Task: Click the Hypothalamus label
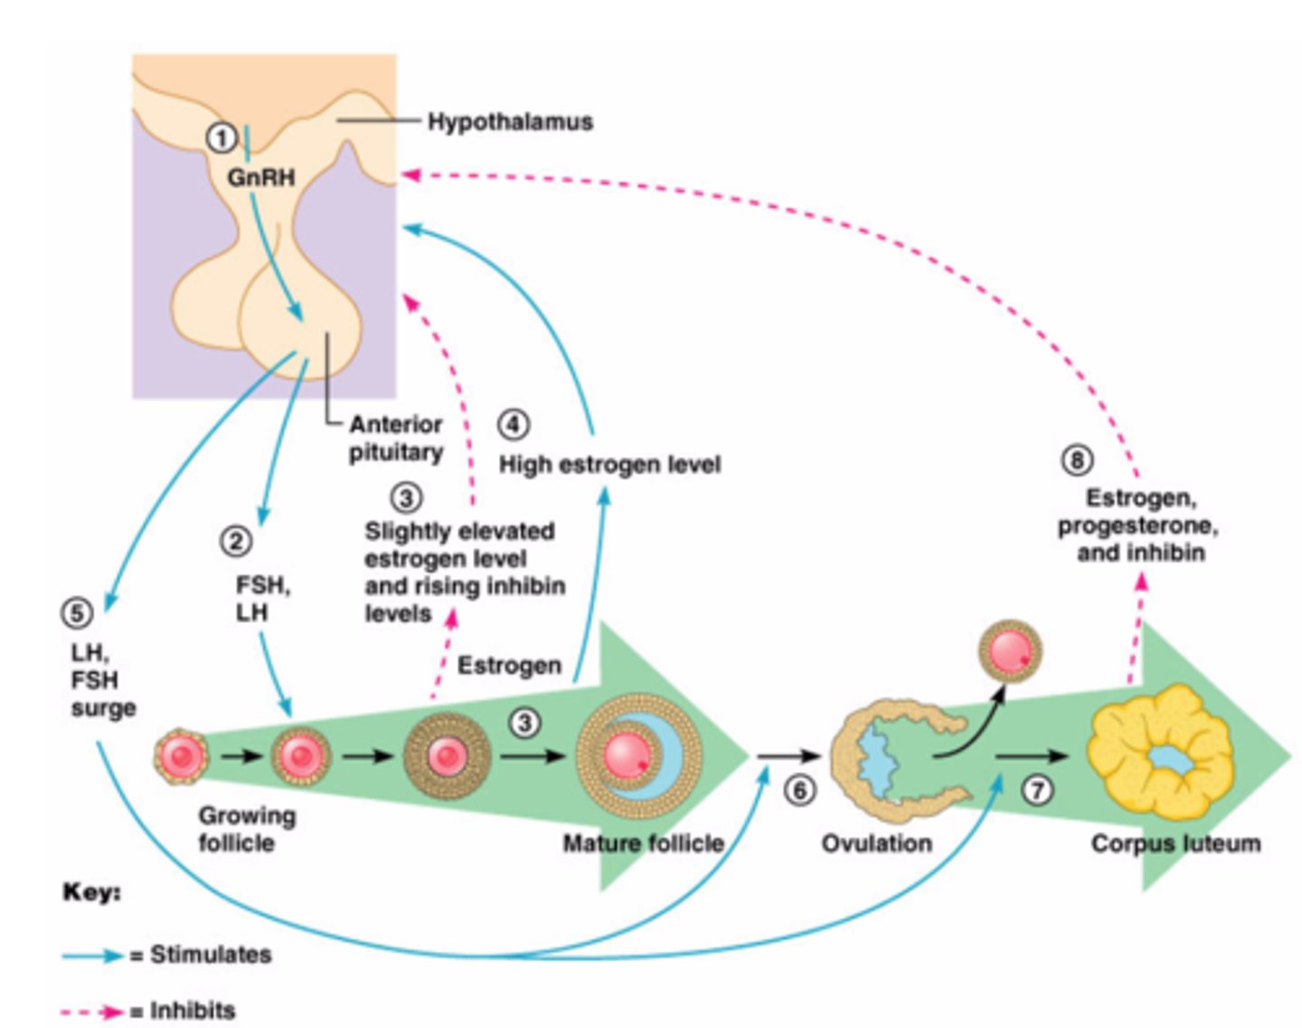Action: pyautogui.click(x=510, y=122)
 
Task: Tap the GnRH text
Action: pyautogui.click(x=261, y=176)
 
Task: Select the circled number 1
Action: pyautogui.click(x=222, y=138)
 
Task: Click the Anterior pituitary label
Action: pyautogui.click(x=396, y=439)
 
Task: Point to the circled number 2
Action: pyautogui.click(x=236, y=542)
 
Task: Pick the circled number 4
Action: pyautogui.click(x=513, y=424)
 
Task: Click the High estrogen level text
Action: pyautogui.click(x=610, y=465)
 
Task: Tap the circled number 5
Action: pyautogui.click(x=77, y=613)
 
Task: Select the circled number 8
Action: pyautogui.click(x=1077, y=460)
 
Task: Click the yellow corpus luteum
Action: pyautogui.click(x=1159, y=755)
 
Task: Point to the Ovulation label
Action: pyautogui.click(x=876, y=844)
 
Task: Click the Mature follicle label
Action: pyautogui.click(x=643, y=844)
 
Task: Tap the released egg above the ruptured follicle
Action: pyautogui.click(x=1010, y=651)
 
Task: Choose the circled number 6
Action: pyautogui.click(x=799, y=790)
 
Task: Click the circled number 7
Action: pyautogui.click(x=1037, y=790)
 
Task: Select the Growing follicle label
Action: pyautogui.click(x=247, y=829)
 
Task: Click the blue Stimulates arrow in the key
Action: pyautogui.click(x=92, y=955)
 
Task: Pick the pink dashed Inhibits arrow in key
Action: pyautogui.click(x=92, y=1011)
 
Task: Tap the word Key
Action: pyautogui.click(x=91, y=892)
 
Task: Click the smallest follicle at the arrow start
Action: pyautogui.click(x=181, y=757)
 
